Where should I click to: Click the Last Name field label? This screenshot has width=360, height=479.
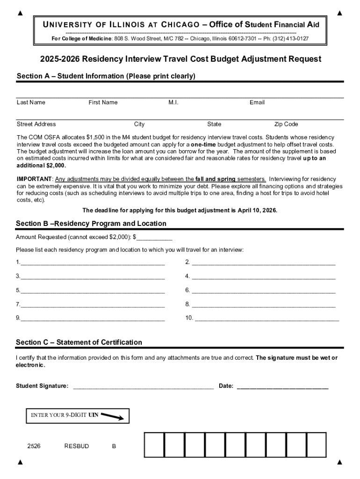[31, 102]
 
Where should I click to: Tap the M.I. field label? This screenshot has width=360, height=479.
[173, 102]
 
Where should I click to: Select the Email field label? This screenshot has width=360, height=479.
[257, 102]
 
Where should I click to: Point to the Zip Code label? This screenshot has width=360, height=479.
[286, 124]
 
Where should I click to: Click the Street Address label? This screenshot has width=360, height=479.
[36, 124]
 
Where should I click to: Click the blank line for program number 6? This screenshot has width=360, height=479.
[264, 291]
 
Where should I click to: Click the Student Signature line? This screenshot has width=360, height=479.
[144, 387]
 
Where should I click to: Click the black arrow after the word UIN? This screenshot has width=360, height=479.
[112, 416]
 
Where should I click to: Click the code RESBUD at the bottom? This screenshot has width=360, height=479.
[76, 446]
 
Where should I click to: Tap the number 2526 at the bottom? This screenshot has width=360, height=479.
[34, 446]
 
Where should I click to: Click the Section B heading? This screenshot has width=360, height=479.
[91, 224]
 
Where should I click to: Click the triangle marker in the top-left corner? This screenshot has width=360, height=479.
[20, 13]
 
